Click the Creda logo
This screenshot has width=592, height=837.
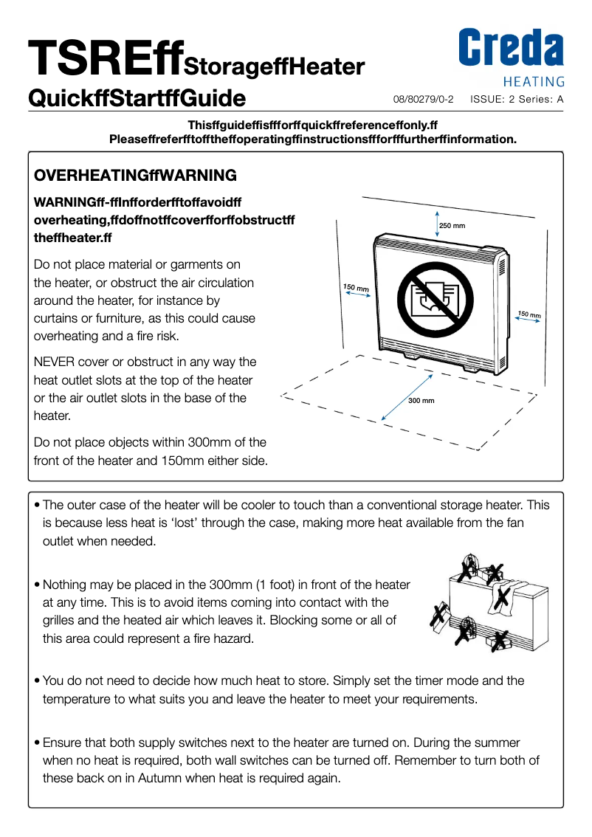[511, 49]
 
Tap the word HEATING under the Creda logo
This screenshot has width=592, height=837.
[534, 82]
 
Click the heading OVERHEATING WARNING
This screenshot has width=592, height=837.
[136, 176]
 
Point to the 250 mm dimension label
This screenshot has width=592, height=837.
[452, 225]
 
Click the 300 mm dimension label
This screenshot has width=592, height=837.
[421, 400]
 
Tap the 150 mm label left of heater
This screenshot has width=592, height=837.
[356, 286]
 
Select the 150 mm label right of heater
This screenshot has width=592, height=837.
[529, 314]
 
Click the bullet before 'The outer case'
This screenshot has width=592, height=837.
[37, 506]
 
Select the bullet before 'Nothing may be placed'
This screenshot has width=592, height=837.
[37, 585]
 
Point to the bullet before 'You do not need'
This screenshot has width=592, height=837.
[37, 681]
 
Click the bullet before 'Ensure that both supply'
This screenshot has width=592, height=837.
[37, 743]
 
